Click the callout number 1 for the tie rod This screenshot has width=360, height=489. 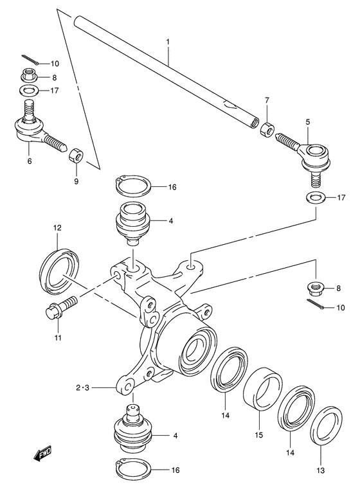pos(168,42)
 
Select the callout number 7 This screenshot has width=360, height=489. pos(267,100)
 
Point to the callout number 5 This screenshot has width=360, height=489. pos(308,121)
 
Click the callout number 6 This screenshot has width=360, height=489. pos(29,161)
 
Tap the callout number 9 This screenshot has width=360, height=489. pos(76,182)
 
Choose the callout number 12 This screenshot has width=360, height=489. pos(57,227)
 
